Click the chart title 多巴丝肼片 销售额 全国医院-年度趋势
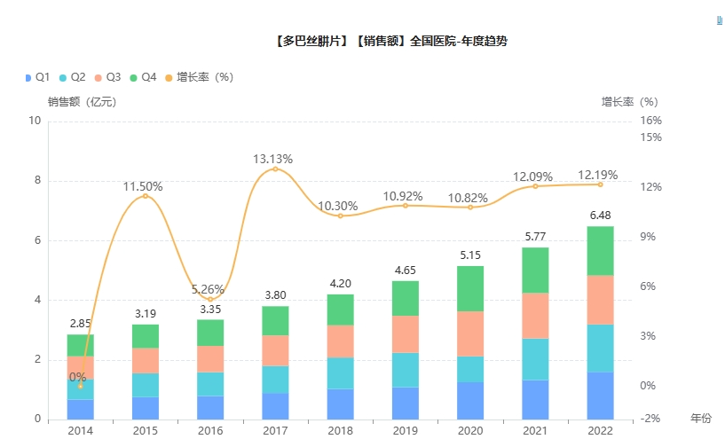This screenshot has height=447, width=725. pyautogui.click(x=390, y=41)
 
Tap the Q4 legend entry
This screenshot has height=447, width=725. pyautogui.click(x=142, y=77)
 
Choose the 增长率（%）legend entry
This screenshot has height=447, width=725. pyautogui.click(x=203, y=77)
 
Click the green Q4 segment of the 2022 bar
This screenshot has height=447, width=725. pyautogui.click(x=600, y=251)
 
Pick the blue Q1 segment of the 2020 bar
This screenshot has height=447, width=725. pyautogui.click(x=470, y=400)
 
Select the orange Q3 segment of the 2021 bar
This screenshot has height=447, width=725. pyautogui.click(x=535, y=315)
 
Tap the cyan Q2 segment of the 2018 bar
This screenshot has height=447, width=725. pyautogui.click(x=340, y=372)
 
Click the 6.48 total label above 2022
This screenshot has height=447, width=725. pyautogui.click(x=600, y=216)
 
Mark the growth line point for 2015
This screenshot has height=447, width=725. pyautogui.click(x=146, y=196)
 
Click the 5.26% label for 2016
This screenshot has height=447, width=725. pyautogui.click(x=210, y=288)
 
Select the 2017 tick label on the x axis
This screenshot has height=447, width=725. pyautogui.click(x=275, y=430)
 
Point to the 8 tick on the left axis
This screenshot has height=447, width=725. pyautogui.click(x=35, y=181)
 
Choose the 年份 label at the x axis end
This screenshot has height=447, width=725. pyautogui.click(x=701, y=418)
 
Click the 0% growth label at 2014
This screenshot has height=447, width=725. pyautogui.click(x=78, y=377)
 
